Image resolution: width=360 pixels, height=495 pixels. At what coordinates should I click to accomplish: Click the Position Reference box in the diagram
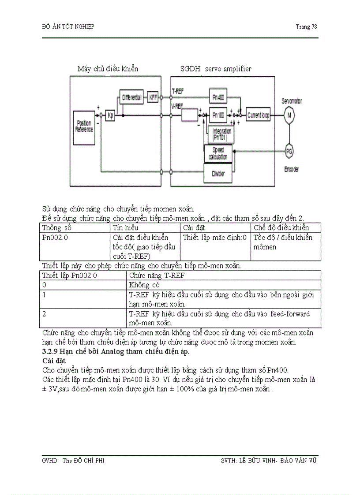[84, 127]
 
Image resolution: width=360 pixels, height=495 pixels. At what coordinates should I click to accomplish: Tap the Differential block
[131, 97]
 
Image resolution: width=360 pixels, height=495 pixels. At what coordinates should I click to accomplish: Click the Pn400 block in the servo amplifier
[217, 97]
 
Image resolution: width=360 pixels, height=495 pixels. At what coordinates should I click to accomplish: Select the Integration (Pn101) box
[221, 134]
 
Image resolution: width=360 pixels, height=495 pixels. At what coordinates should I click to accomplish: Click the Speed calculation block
[218, 153]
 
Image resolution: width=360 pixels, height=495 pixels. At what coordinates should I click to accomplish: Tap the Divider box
[217, 173]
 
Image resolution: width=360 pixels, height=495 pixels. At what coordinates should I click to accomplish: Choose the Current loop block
[259, 115]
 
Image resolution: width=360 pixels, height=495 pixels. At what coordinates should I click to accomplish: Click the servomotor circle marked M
[289, 115]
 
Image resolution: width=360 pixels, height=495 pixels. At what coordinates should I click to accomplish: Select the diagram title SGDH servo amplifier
[216, 69]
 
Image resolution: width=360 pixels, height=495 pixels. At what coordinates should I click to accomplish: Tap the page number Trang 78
[306, 27]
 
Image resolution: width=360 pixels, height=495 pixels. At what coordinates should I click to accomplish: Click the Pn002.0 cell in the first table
[55, 238]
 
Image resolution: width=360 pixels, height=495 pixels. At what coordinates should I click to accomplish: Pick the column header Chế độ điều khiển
[281, 228]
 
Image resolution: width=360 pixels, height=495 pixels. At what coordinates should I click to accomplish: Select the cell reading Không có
[143, 285]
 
